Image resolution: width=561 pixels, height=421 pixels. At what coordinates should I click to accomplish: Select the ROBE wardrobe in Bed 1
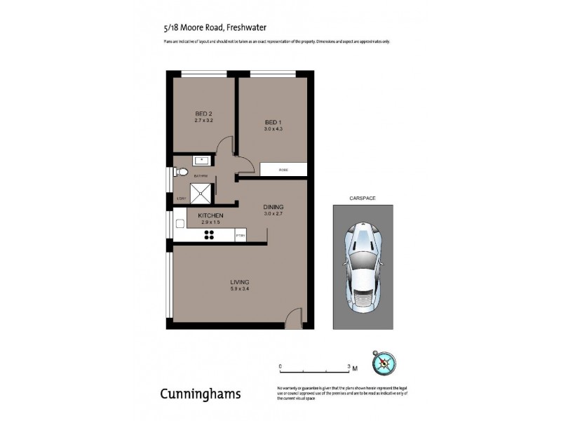[x=283, y=169]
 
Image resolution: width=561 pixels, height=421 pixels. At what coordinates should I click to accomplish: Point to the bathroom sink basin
[x=201, y=161]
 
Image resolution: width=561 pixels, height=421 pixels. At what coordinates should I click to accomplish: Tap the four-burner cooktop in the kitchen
[x=210, y=236]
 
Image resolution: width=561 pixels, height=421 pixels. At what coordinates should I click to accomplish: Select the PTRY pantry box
[x=240, y=236]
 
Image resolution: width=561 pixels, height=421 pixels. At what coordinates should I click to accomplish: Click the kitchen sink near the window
[x=180, y=222]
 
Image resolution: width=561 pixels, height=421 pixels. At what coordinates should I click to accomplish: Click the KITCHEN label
[x=210, y=215]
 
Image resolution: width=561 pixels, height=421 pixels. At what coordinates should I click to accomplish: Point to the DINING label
[x=273, y=207]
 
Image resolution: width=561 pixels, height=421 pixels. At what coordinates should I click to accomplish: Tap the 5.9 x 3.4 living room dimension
[x=240, y=289]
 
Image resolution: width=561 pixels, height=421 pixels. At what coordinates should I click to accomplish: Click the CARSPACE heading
[x=363, y=199]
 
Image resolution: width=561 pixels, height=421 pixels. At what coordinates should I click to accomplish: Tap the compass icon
[x=385, y=363]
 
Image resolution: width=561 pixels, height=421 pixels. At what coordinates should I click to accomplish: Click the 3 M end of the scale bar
[x=351, y=367]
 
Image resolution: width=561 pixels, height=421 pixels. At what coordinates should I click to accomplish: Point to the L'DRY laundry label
[x=181, y=199]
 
